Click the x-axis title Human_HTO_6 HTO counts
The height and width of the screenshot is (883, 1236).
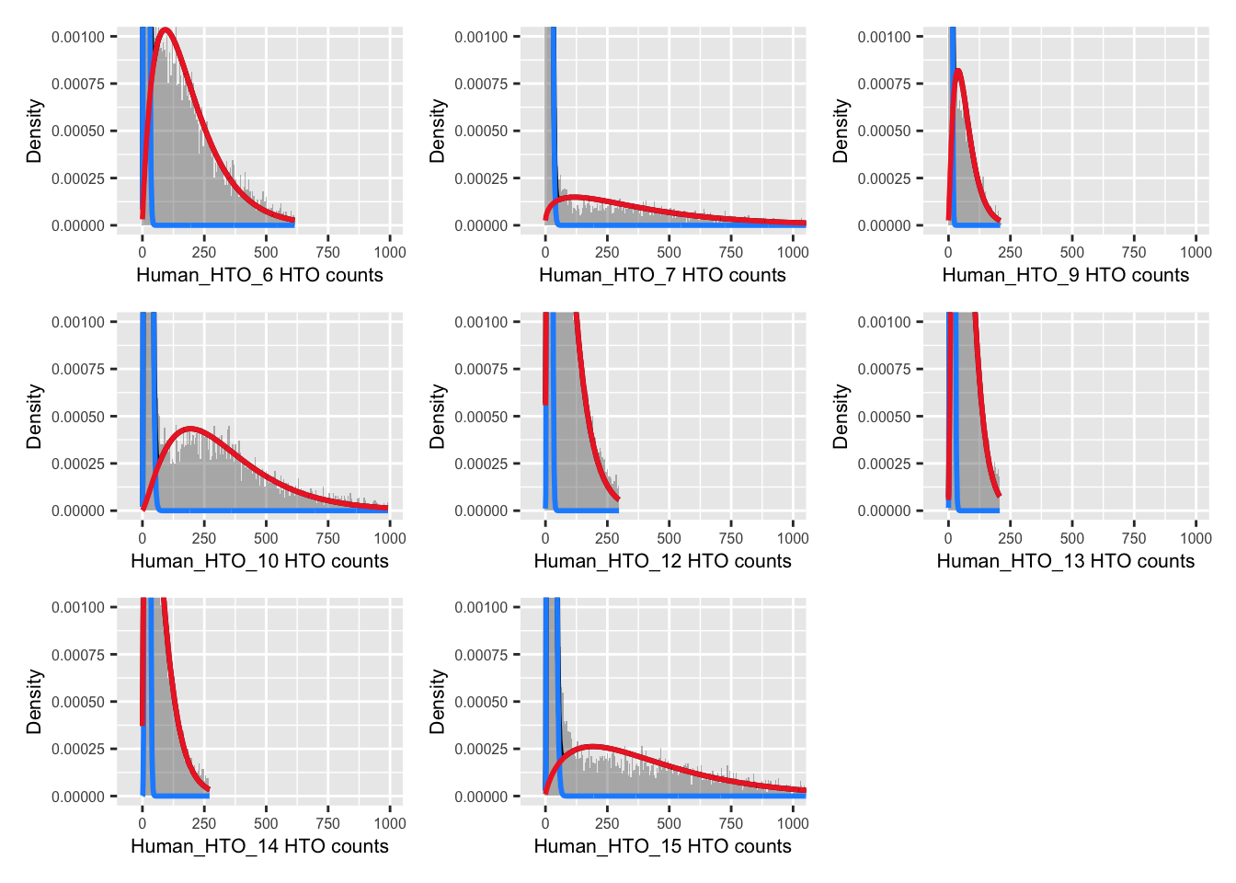259,275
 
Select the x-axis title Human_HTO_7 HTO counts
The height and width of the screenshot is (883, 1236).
662,275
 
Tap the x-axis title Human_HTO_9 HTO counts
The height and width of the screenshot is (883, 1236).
1065,275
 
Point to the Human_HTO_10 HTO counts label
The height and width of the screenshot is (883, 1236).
259,561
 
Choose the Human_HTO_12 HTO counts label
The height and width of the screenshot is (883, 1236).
662,561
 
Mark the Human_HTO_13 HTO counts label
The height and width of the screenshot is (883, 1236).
1065,561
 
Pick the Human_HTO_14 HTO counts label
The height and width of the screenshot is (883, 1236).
259,846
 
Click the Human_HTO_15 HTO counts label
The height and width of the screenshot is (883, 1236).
662,846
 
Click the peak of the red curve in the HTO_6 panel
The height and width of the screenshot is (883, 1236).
166,29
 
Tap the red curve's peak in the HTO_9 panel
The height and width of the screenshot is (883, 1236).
958,70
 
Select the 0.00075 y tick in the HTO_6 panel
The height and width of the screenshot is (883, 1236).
78,84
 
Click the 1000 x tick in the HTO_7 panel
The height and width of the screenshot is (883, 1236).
793,252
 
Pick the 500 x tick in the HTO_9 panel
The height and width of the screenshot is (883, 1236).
1072,252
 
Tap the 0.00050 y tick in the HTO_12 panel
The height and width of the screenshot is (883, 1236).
481,417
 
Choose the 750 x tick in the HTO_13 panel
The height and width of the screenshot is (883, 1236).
1134,538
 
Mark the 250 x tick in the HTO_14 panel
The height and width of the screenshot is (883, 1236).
204,823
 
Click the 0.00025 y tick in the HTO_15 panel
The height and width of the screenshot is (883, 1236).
481,749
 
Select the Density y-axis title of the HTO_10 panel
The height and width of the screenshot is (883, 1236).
35,416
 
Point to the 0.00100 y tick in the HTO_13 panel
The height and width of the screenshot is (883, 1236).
884,322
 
